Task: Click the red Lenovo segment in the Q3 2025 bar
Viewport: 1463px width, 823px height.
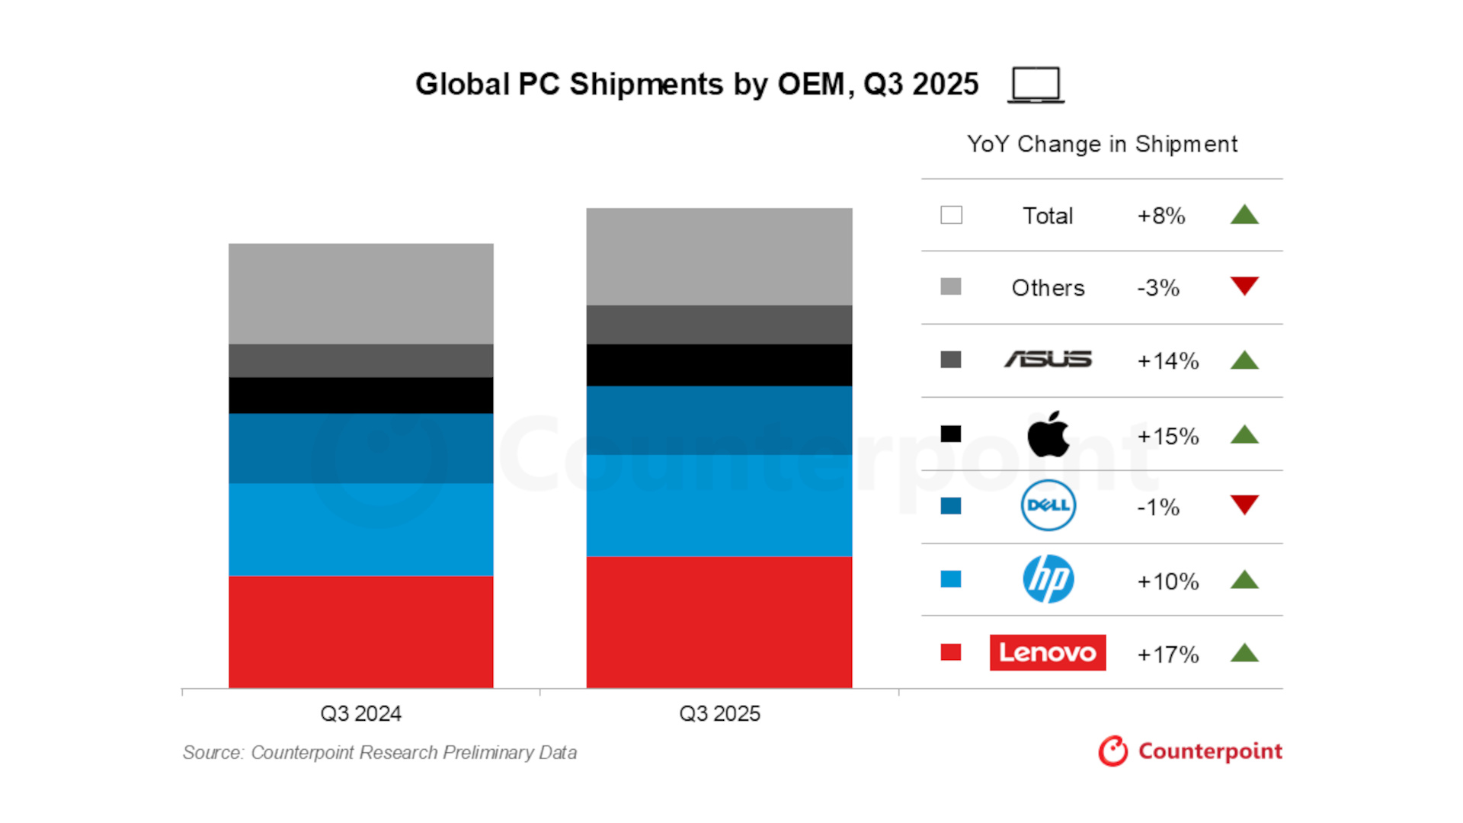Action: click(719, 622)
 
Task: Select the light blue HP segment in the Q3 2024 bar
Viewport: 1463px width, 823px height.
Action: click(360, 529)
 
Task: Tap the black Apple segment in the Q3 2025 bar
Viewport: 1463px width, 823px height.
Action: click(719, 365)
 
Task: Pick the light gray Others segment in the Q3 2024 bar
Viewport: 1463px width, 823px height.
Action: click(360, 293)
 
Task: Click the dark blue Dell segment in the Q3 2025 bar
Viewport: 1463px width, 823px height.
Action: click(719, 420)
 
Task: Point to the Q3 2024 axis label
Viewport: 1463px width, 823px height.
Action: click(360, 714)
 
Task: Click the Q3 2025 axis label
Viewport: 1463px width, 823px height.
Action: click(719, 714)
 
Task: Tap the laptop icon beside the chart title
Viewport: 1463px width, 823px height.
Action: click(1036, 85)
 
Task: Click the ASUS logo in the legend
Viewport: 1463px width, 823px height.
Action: click(1048, 359)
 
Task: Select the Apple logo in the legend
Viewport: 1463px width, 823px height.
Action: click(1048, 434)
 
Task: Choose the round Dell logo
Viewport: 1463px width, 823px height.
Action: click(1048, 505)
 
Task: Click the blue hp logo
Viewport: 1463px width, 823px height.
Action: click(1048, 579)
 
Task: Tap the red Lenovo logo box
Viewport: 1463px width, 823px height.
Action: click(1048, 652)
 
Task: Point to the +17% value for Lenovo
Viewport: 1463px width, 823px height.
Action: click(1167, 655)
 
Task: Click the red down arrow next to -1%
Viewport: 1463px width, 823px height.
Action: click(1244, 504)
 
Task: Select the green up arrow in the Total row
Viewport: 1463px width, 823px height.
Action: click(1244, 215)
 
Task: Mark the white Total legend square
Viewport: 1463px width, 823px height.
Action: click(951, 215)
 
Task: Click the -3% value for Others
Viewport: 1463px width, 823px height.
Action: click(1157, 288)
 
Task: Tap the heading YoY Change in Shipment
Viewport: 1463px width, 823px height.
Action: click(1102, 144)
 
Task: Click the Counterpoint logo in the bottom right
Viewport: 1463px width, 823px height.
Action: click(1190, 751)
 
